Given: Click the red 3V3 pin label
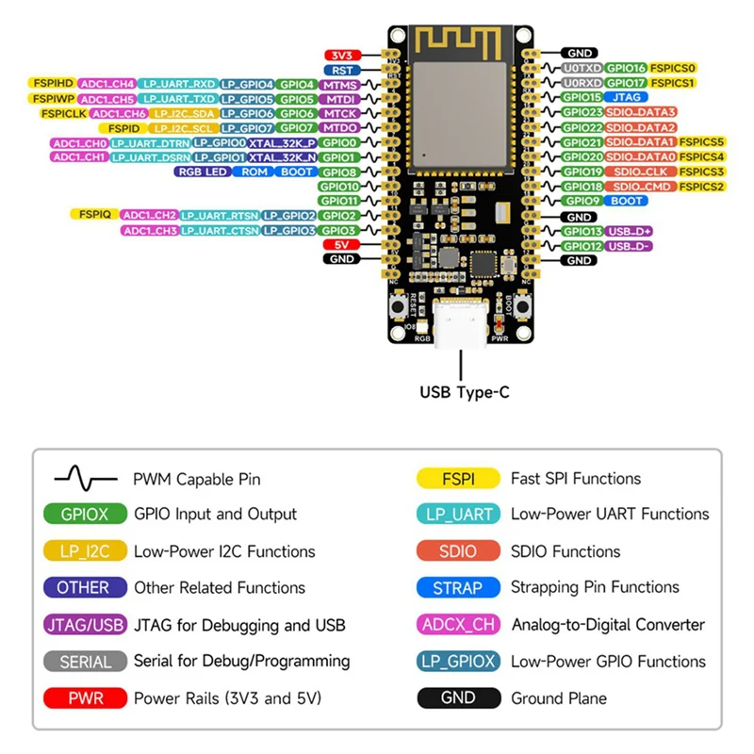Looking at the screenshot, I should click(x=338, y=55).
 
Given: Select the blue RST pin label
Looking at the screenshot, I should click(x=338, y=70).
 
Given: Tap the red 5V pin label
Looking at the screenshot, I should click(x=339, y=244).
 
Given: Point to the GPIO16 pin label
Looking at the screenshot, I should click(x=626, y=68).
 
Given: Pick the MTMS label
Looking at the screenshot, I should click(x=338, y=85).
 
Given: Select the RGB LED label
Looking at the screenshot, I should click(x=201, y=172).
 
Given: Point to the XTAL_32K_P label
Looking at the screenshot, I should click(x=282, y=142).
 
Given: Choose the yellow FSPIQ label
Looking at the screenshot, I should click(x=94, y=215).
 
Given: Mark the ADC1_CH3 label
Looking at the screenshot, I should click(x=149, y=230).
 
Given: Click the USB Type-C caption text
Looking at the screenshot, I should click(x=464, y=392).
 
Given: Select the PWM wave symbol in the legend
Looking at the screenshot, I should click(x=85, y=479).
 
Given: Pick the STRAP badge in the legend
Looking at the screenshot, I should click(x=457, y=587).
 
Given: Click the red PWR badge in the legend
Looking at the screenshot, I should click(x=84, y=698).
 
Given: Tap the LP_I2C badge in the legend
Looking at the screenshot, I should click(x=84, y=551).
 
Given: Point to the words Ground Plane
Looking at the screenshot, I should click(x=559, y=698).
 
